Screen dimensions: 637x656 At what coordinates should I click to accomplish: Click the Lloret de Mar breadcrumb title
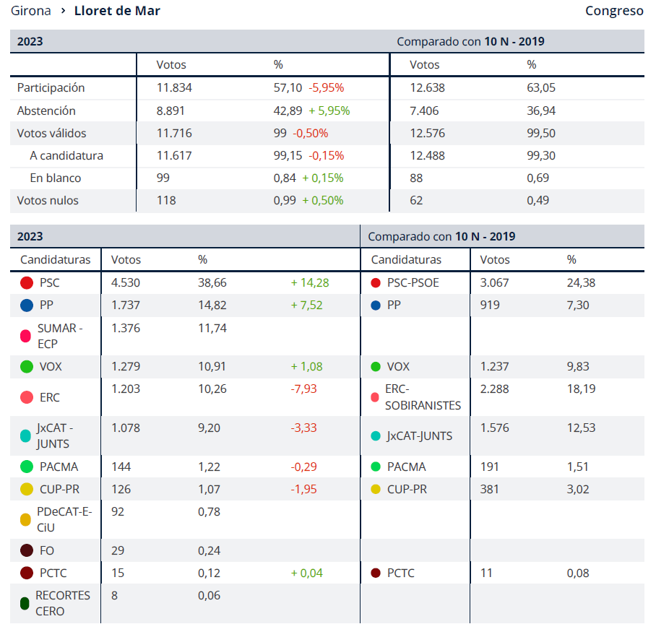(x=117, y=11)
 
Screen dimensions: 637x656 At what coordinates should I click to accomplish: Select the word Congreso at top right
(x=614, y=11)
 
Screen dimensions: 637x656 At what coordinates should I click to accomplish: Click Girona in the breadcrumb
(x=31, y=11)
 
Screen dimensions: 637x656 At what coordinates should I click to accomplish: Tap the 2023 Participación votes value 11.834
(x=174, y=88)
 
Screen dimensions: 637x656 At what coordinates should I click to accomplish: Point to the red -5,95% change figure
(x=327, y=88)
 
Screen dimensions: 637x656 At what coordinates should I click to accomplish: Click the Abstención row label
(x=46, y=111)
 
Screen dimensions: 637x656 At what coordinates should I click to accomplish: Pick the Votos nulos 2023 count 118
(x=166, y=201)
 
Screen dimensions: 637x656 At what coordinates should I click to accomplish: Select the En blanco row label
(x=56, y=178)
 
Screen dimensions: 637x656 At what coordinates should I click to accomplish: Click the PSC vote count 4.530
(x=125, y=283)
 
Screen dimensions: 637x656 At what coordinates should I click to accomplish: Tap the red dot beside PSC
(x=27, y=283)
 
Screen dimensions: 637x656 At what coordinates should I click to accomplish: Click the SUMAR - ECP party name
(x=60, y=336)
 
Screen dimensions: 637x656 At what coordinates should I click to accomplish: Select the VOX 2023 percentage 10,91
(x=212, y=367)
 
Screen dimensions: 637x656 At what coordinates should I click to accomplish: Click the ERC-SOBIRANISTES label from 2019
(x=423, y=397)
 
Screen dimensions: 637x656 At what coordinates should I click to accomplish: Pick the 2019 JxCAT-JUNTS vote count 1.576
(x=494, y=428)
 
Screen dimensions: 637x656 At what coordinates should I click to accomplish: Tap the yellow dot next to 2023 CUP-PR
(x=27, y=490)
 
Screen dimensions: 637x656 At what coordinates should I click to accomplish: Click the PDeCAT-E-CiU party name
(x=64, y=520)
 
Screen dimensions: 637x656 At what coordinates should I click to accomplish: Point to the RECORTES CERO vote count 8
(x=115, y=596)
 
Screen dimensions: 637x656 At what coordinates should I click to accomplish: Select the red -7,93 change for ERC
(x=303, y=389)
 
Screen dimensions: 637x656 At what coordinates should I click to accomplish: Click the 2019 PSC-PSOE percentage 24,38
(x=581, y=283)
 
